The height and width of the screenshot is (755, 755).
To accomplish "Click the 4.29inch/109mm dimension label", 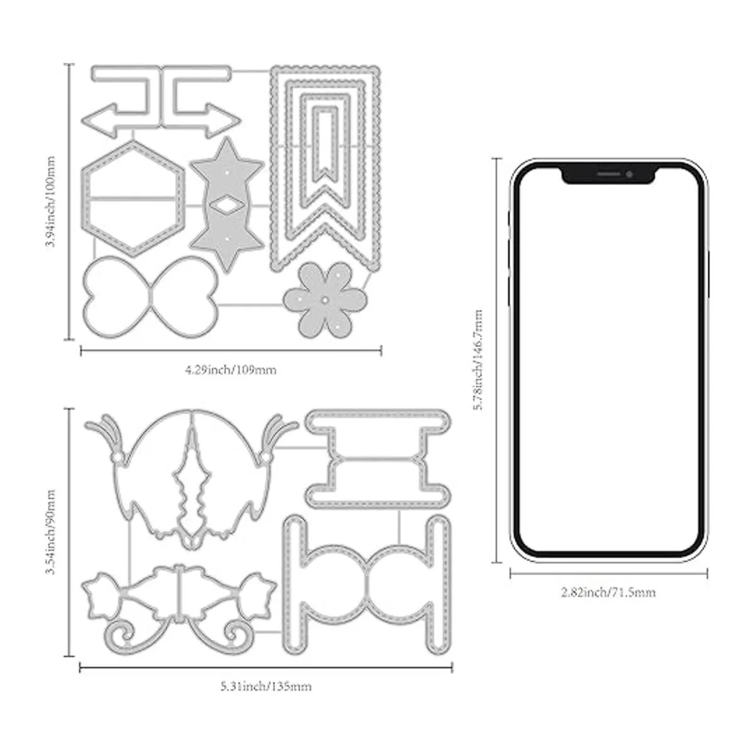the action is click(x=231, y=369).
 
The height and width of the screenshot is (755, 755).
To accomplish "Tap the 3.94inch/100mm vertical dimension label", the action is click(x=50, y=201).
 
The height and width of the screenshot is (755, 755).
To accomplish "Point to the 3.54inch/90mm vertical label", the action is click(x=50, y=532).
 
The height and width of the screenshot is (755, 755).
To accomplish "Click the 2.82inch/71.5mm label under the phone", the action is click(x=608, y=592).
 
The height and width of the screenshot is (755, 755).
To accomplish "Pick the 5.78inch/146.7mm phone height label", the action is click(x=478, y=359).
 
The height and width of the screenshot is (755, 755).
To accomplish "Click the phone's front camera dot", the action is click(x=629, y=174).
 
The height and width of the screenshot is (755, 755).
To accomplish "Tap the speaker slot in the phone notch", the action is click(x=608, y=174).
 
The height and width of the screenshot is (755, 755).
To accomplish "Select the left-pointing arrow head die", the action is click(x=99, y=121).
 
